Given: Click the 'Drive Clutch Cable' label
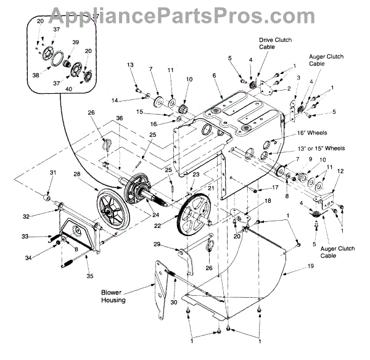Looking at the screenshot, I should coord(275,44).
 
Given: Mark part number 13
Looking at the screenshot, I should coord(130,65).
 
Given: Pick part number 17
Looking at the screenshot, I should coord(275,187).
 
